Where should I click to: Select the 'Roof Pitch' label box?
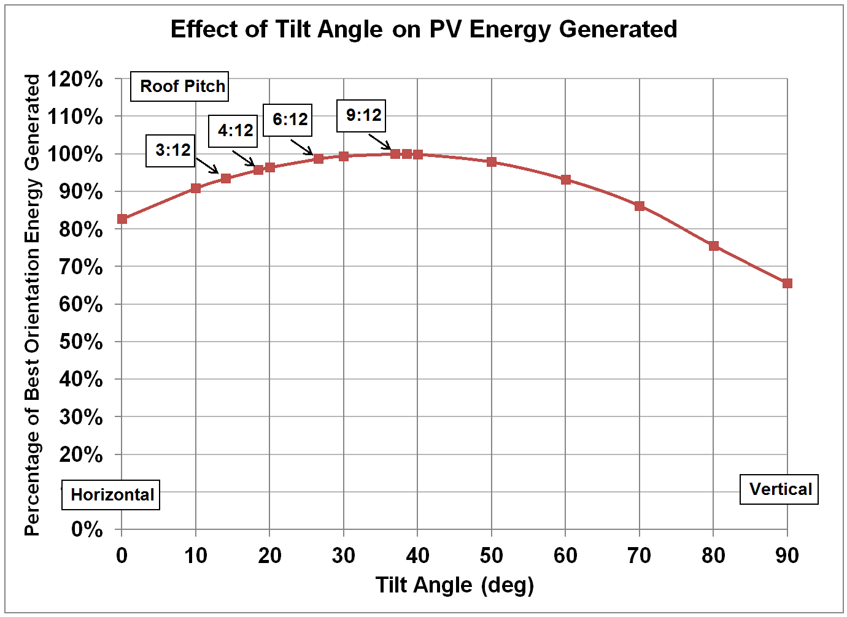(180, 86)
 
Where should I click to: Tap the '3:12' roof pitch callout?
(171, 150)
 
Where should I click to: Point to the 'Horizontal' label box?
(111, 494)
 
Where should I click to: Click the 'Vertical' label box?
(779, 489)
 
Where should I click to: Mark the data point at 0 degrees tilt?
(122, 219)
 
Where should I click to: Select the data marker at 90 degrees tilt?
(787, 283)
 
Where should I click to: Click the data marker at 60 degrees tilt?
(566, 180)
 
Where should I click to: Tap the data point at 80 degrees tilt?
(713, 246)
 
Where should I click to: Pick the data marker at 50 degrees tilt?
(492, 162)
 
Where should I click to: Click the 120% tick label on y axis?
(75, 79)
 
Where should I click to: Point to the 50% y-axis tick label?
(80, 342)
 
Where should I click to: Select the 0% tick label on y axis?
(87, 529)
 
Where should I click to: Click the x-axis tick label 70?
(639, 556)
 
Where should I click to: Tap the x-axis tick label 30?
(343, 556)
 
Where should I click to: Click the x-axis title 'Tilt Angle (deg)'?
(454, 584)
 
